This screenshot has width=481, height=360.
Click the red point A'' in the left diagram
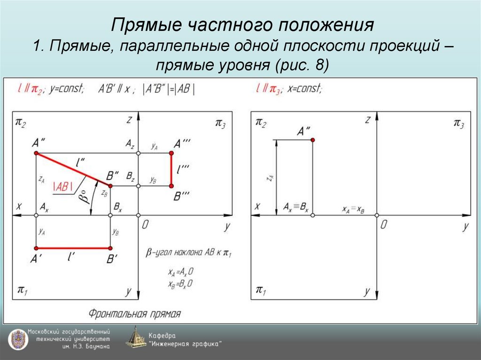click(x=36, y=153)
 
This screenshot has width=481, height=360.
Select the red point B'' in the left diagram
click(x=110, y=186)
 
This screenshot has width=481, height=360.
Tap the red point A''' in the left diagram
click(x=172, y=153)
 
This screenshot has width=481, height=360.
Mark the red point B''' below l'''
click(x=172, y=186)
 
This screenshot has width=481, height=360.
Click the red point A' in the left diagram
click(x=36, y=248)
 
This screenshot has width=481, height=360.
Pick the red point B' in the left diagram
click(x=110, y=248)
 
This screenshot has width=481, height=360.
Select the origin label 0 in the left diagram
click(x=145, y=225)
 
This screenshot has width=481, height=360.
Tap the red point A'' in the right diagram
click(x=312, y=140)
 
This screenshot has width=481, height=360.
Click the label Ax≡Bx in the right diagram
click(x=295, y=207)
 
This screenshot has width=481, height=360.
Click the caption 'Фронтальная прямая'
click(x=134, y=314)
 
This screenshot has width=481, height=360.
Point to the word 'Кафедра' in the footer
click(x=162, y=336)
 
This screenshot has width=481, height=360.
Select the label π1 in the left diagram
click(x=22, y=290)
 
